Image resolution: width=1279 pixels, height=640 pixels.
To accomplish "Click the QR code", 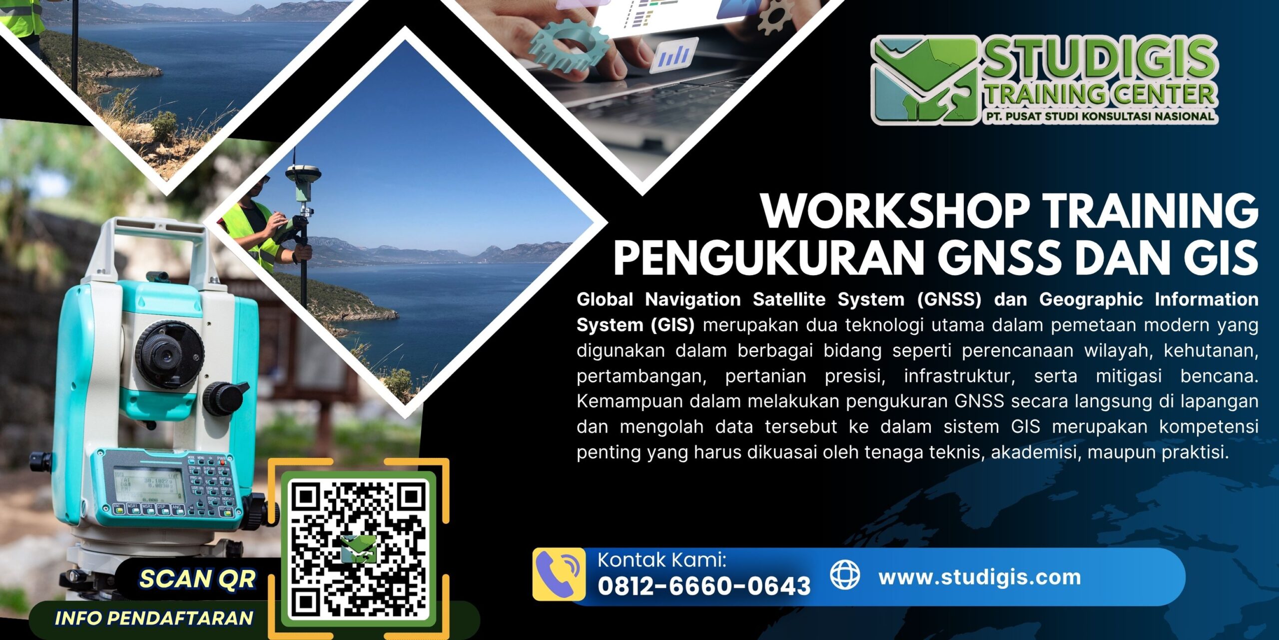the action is (358, 549).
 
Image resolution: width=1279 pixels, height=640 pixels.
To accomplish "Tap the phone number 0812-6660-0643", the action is (704, 586).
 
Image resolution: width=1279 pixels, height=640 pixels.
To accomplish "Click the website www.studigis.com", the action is (980, 577).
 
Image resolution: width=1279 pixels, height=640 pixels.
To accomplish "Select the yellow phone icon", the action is (559, 574).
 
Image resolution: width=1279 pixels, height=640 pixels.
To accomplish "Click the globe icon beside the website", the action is (845, 575).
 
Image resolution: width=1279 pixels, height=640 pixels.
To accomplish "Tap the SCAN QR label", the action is (197, 579).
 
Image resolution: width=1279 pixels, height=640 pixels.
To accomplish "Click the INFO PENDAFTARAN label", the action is (154, 618).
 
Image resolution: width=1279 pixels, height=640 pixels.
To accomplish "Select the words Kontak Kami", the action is (661, 560).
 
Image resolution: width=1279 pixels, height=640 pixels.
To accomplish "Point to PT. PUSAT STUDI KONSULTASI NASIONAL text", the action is (1097, 116).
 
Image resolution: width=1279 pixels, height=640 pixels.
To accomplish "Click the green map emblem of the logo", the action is (924, 80).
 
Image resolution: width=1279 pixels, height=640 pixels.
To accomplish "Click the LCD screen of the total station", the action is (149, 485).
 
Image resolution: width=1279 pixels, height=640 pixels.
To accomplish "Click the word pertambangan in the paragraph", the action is (641, 376).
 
